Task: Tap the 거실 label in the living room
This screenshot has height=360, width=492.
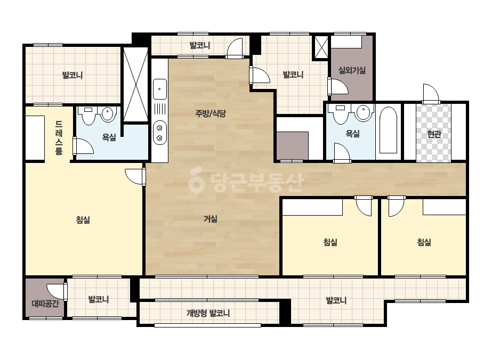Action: tap(210, 218)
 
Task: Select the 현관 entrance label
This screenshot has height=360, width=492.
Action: tap(434, 134)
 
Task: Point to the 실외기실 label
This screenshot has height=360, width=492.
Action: tap(352, 70)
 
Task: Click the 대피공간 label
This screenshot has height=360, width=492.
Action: tap(45, 304)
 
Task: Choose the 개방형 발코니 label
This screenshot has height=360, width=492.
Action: tap(208, 313)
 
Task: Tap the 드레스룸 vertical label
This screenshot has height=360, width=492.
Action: tap(59, 138)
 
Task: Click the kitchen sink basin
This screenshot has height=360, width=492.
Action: tap(160, 89)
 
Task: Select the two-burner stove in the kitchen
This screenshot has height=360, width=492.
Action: tap(160, 133)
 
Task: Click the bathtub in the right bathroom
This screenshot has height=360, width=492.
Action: tap(388, 130)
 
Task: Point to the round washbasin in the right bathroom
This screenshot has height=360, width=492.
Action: tap(364, 113)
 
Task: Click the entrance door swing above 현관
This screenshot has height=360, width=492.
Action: tap(431, 93)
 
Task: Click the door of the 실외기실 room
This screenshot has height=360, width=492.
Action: tap(338, 86)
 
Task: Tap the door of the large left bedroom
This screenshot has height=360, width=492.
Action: tap(135, 177)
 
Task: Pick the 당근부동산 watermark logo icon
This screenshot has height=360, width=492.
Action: tap(196, 181)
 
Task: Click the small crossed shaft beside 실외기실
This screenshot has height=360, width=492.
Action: tap(321, 47)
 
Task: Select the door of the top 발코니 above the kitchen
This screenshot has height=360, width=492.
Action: tap(235, 48)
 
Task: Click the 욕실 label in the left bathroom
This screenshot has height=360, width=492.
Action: tap(109, 137)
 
